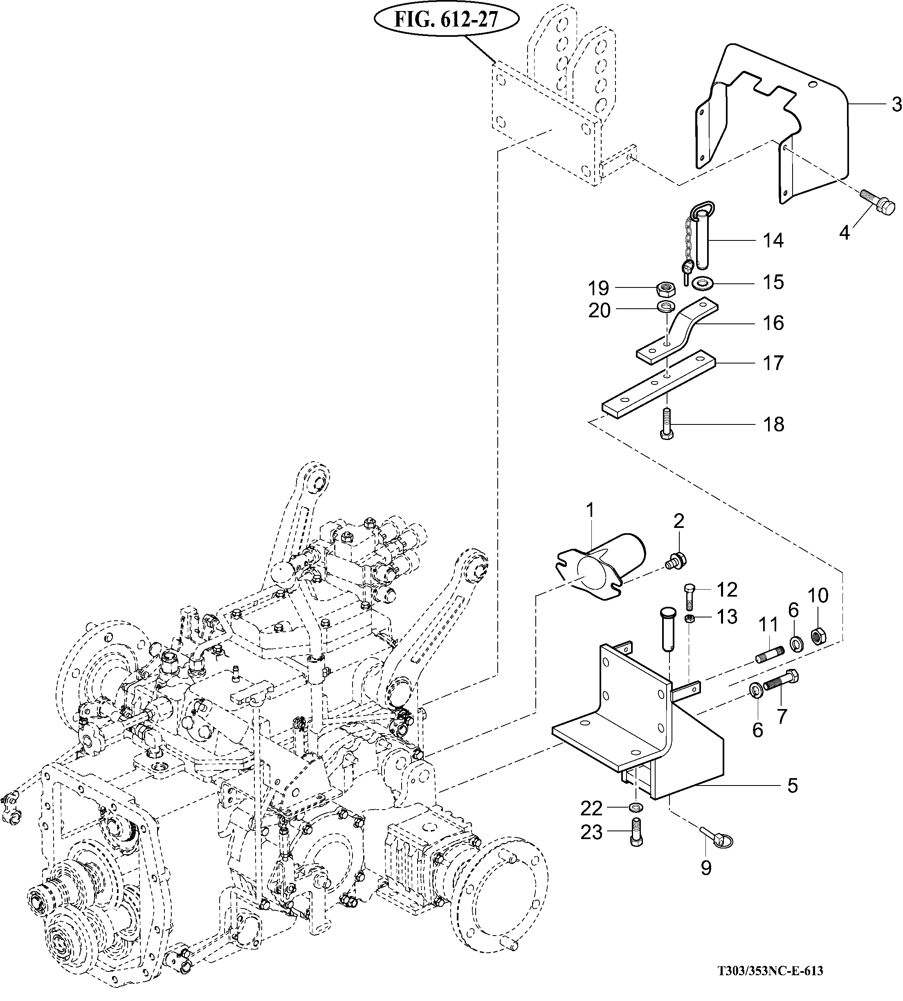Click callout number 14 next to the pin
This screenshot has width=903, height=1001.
tap(773, 240)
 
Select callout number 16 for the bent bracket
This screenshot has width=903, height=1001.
tap(773, 323)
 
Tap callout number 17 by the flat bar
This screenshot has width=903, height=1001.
tap(773, 363)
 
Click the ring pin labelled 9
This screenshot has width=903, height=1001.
tap(717, 836)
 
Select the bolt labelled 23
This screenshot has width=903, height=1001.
tap(637, 833)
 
